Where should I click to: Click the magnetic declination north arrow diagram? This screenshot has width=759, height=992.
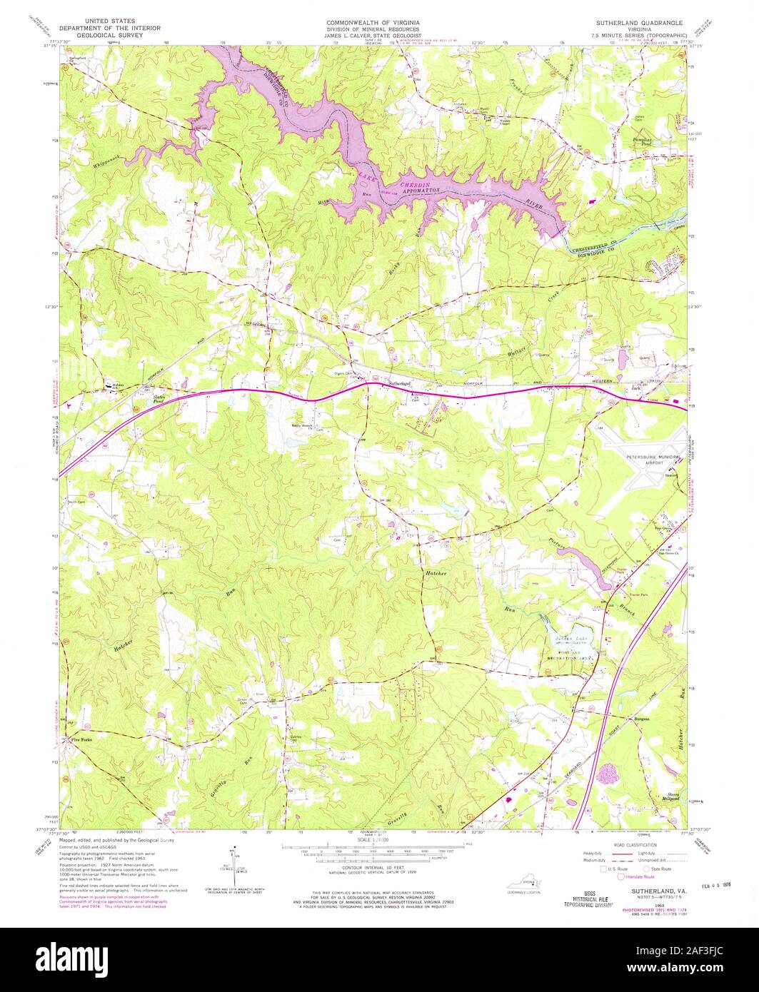point(232,860)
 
